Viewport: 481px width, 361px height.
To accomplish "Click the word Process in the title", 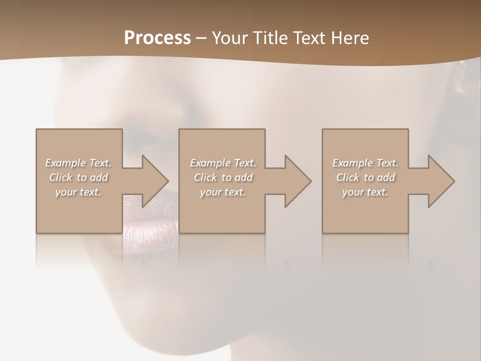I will click(x=157, y=38).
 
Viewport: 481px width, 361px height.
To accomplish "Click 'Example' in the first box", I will click(x=65, y=163).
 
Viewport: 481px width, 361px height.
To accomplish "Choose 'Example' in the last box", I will click(x=352, y=163).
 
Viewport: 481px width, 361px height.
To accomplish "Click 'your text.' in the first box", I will click(x=78, y=192).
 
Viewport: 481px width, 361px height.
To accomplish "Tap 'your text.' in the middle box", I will click(x=222, y=192).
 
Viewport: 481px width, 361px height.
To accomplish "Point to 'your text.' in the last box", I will click(x=365, y=192).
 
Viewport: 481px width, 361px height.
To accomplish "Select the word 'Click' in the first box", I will click(x=60, y=177).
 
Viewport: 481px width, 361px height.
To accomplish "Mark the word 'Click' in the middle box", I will click(x=205, y=177).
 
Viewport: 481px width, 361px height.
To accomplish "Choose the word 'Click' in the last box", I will click(x=347, y=177).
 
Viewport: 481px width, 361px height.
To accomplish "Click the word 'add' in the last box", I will click(x=386, y=177).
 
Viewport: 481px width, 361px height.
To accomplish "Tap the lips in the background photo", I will click(x=150, y=226).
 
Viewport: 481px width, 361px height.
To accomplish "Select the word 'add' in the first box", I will click(x=99, y=177).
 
